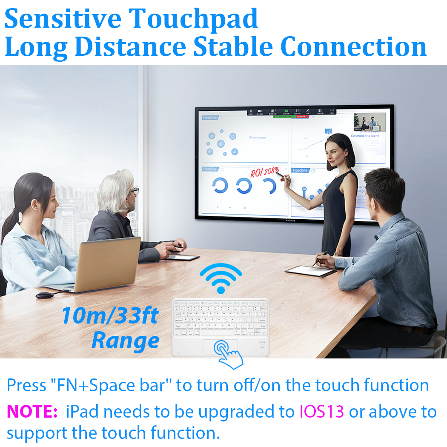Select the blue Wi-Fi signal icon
(x=221, y=278)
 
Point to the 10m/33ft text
(x=109, y=316)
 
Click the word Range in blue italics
(x=125, y=341)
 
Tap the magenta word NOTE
(x=32, y=412)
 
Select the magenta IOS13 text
(x=322, y=412)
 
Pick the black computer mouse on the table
(x=43, y=295)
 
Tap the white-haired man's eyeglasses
(x=134, y=191)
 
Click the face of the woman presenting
(x=333, y=149)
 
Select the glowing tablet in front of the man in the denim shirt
(x=307, y=271)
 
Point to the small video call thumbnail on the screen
(x=370, y=122)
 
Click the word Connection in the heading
(x=353, y=47)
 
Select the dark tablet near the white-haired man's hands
(x=183, y=258)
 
